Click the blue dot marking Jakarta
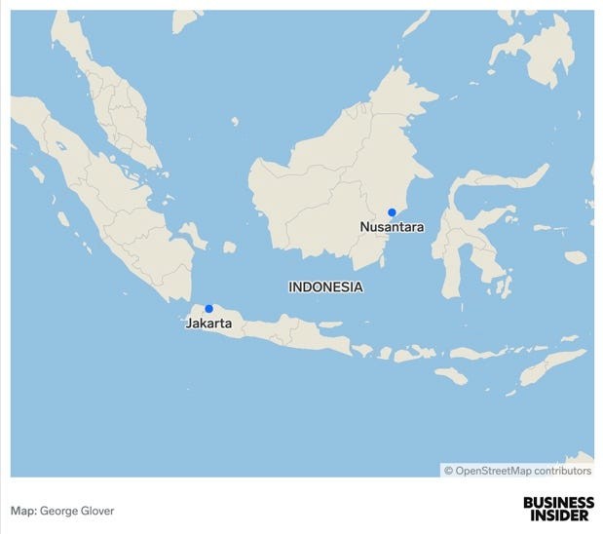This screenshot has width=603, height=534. coord(208,309)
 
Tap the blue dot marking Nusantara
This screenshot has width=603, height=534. coord(392,212)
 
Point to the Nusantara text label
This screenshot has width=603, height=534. coord(392,227)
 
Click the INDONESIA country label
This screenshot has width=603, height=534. coord(325,286)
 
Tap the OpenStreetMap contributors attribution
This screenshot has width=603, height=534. coord(517,471)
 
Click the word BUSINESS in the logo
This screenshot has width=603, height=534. coord(557,503)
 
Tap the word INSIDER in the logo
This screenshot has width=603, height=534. coord(557,515)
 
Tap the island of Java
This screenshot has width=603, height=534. coord(283,331)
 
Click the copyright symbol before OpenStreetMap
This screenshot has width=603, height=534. coord(449,471)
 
